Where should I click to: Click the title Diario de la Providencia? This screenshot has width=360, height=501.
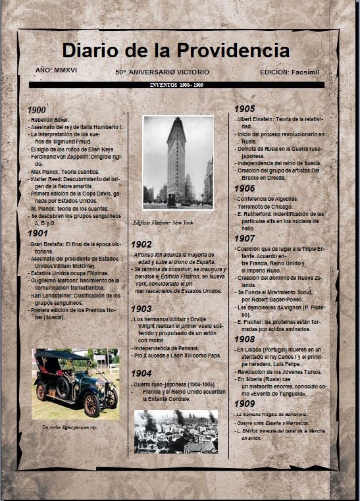pos(176,51)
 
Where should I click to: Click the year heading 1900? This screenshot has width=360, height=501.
pos(37,110)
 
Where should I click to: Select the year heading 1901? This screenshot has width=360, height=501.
pos(37,233)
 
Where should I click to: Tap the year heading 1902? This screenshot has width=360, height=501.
pos(141,244)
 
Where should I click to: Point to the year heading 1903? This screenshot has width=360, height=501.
pos(141,308)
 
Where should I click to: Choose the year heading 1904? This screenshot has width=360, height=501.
pos(141,373)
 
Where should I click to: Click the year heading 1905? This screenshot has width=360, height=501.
pos(245,109)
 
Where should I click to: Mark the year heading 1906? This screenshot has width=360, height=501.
pos(245,188)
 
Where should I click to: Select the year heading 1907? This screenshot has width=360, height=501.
pos(245,238)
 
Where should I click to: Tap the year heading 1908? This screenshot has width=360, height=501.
pos(245,338)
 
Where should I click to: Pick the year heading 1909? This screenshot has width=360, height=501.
pos(245,403)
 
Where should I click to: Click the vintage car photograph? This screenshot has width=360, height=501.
pos(76,384)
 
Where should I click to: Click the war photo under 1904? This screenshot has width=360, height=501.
pos(176,431)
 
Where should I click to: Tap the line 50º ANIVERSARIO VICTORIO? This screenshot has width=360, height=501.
pos(162,70)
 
